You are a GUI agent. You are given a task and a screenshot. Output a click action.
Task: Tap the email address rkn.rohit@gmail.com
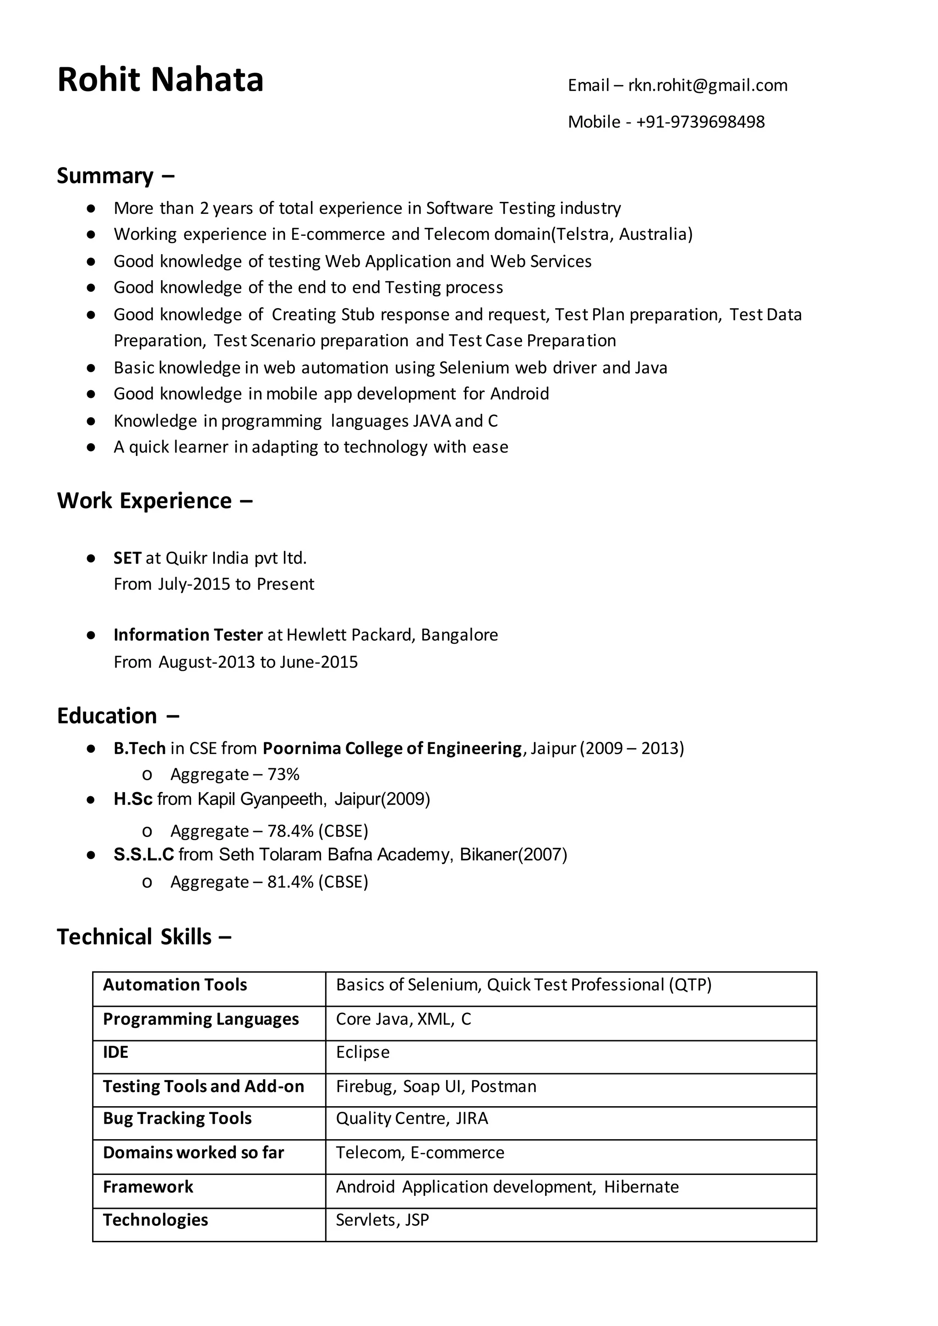tap(708, 86)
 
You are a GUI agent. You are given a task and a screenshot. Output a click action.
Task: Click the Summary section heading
tap(105, 175)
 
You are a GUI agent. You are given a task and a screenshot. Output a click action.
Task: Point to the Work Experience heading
tap(144, 501)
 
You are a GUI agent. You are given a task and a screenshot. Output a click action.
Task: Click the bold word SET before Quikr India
tap(127, 558)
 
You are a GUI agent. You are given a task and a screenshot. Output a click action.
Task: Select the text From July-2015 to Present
tap(214, 584)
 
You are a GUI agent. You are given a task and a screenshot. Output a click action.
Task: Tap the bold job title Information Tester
tap(188, 635)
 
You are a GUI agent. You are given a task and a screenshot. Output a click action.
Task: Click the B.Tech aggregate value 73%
tap(283, 774)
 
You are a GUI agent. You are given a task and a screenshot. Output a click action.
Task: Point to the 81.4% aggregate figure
tap(290, 882)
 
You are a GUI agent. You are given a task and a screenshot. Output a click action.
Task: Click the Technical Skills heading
tap(134, 937)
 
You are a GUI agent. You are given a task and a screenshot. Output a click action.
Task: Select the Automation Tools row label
tap(175, 985)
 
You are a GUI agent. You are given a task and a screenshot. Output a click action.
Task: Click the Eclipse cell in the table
tap(363, 1052)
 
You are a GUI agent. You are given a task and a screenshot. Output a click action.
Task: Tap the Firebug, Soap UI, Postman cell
tap(436, 1087)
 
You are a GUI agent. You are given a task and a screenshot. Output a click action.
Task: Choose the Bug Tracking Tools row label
tap(177, 1119)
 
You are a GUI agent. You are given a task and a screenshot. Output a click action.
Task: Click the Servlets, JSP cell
tap(382, 1220)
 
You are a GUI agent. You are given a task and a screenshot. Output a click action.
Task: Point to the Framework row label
tap(148, 1187)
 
